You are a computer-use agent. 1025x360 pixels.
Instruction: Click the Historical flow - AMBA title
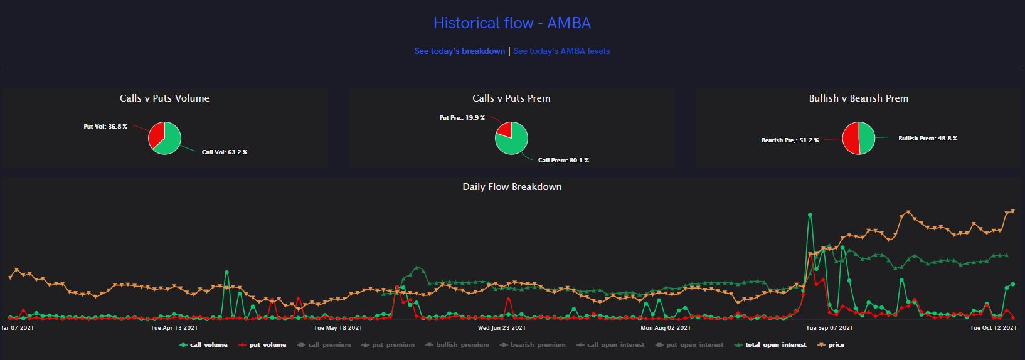point(512,23)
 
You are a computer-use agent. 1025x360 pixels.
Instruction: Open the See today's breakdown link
point(459,51)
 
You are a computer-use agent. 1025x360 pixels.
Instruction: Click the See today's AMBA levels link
point(561,51)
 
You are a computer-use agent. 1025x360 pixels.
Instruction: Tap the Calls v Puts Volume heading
point(164,98)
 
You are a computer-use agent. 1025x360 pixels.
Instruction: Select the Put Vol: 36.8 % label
point(105,127)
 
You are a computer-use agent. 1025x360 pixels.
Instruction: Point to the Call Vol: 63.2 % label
point(225,152)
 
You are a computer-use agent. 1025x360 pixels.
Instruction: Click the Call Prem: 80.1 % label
point(563,161)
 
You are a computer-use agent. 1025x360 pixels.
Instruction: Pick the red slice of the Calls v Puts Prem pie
point(504,130)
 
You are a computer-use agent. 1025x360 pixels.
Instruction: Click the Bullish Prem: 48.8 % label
point(928,139)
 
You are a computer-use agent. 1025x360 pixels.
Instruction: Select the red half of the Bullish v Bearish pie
point(851,138)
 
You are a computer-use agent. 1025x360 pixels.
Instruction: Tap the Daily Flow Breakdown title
point(512,187)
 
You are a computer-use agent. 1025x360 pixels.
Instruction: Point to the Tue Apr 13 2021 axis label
point(174,328)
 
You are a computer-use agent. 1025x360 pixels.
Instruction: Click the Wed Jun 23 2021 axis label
point(502,328)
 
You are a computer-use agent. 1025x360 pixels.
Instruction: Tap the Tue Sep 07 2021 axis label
point(829,328)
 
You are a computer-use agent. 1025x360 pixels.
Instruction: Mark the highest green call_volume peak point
point(810,215)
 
